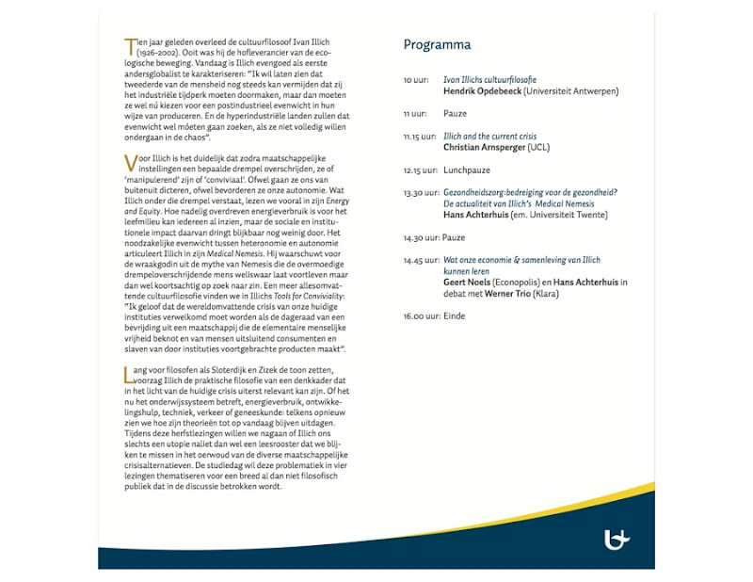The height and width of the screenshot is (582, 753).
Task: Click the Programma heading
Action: coord(437,45)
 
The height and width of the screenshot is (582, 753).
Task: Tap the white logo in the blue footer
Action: coord(617,539)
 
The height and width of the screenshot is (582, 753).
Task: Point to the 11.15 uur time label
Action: coord(421,137)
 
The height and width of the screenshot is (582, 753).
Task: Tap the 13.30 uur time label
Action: coord(421,192)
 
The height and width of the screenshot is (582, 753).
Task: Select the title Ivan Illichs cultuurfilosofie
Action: coord(489,81)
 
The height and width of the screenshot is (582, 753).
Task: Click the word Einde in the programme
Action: coord(455,315)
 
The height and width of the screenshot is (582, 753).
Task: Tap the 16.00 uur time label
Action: coord(421,315)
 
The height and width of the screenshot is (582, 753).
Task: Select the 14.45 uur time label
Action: coord(421,260)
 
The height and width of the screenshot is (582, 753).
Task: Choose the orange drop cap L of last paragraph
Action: coord(128,374)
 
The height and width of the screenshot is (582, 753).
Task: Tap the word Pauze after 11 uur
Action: coord(456,113)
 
